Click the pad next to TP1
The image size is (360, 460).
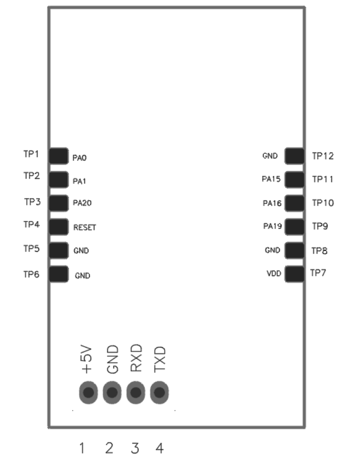[x=59, y=156]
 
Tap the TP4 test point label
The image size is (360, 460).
[x=31, y=225]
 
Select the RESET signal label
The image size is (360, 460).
[x=85, y=228]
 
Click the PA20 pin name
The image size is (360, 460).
[x=82, y=203]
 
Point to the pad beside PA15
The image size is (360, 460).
[x=295, y=180]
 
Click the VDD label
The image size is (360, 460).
[x=274, y=274]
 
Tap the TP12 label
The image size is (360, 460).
[x=322, y=156]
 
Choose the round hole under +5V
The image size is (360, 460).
[x=88, y=392]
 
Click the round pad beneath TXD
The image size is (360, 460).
[x=159, y=392]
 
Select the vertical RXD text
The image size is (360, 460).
[x=136, y=358]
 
